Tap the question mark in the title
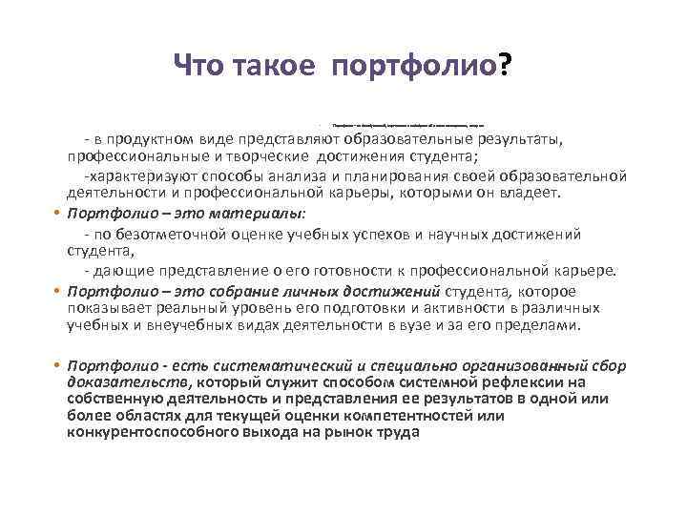click(503, 67)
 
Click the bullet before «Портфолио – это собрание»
click(57, 291)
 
